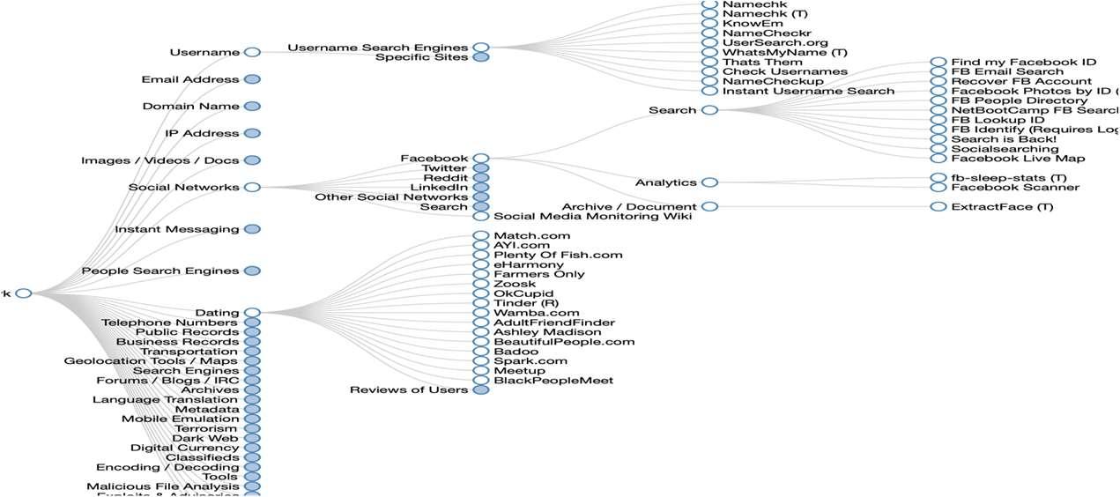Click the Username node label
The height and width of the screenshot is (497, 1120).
point(204,52)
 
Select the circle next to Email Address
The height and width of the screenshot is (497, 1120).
point(252,79)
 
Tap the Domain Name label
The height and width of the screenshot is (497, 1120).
point(190,107)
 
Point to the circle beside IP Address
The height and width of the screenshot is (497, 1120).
point(252,133)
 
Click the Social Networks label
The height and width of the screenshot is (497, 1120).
point(183,187)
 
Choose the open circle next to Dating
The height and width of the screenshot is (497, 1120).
point(252,313)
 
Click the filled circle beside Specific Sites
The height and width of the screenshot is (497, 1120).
point(481,57)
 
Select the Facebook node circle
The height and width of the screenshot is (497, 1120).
point(481,159)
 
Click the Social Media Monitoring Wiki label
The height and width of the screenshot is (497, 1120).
point(592,216)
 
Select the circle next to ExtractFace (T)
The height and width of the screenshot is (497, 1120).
point(938,207)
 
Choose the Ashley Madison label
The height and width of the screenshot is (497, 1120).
point(547,332)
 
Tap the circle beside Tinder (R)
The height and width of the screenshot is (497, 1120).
point(481,303)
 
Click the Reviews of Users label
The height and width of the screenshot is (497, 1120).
point(408,389)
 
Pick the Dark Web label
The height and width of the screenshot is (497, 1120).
point(204,438)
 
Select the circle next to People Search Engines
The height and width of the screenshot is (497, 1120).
point(252,271)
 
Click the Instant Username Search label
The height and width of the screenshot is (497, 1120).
point(808,91)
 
